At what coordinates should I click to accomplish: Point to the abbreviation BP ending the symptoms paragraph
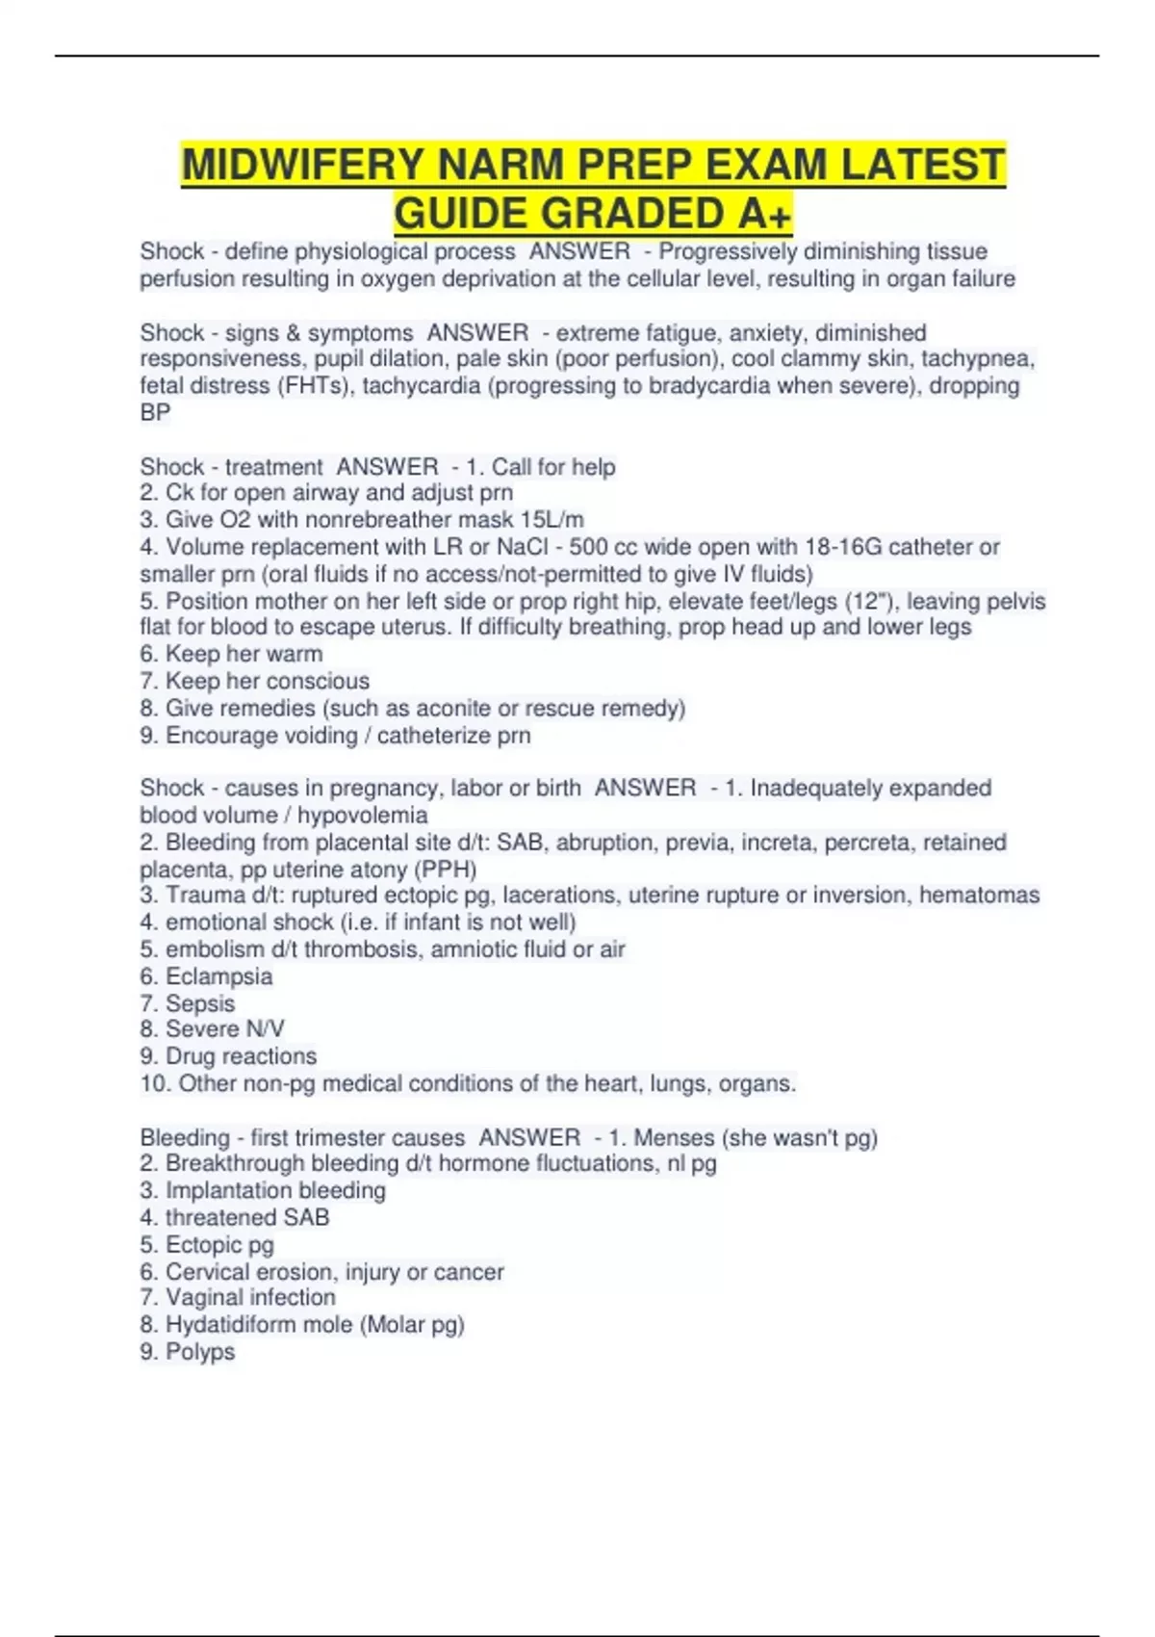click(x=155, y=413)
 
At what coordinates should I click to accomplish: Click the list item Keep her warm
click(x=244, y=655)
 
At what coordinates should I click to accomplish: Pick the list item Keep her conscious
click(x=267, y=682)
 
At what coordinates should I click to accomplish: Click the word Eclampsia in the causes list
click(x=218, y=976)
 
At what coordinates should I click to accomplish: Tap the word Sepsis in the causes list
click(x=200, y=1003)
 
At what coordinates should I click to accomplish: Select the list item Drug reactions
click(x=241, y=1056)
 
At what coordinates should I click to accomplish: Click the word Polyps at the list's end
click(x=200, y=1352)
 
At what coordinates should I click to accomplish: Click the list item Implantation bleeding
click(x=275, y=1191)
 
